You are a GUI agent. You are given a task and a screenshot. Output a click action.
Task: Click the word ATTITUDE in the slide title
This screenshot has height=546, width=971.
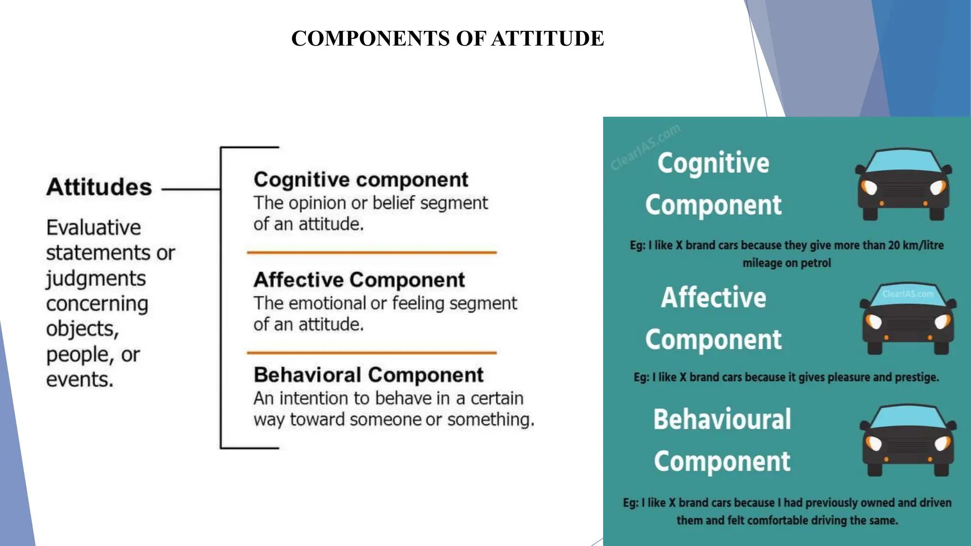(548, 38)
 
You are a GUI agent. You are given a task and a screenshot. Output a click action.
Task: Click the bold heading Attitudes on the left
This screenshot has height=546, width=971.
(99, 187)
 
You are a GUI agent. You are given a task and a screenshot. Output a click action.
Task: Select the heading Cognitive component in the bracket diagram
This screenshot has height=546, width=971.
(361, 180)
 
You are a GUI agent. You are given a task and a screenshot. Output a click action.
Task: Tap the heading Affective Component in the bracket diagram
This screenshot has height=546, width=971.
(359, 280)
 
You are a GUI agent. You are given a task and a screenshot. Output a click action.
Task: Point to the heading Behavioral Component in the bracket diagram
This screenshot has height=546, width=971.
(368, 375)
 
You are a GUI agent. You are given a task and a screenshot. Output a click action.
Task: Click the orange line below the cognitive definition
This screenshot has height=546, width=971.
(372, 253)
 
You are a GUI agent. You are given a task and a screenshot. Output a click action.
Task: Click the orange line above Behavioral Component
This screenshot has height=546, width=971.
(372, 353)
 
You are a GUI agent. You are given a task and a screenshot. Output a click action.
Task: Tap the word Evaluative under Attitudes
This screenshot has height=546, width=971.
(93, 227)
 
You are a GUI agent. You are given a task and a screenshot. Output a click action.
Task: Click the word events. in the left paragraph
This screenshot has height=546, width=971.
(80, 380)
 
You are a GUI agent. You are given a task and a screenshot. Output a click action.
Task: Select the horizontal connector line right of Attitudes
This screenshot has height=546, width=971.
(191, 189)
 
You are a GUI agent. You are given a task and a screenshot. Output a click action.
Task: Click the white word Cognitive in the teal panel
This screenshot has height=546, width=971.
(713, 164)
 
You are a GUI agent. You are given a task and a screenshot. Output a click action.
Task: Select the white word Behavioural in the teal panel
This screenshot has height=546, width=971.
(722, 419)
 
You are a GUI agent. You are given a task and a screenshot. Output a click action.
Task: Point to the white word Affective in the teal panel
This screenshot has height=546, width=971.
(714, 298)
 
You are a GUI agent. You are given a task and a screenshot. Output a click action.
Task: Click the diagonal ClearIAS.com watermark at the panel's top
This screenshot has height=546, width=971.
(645, 147)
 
